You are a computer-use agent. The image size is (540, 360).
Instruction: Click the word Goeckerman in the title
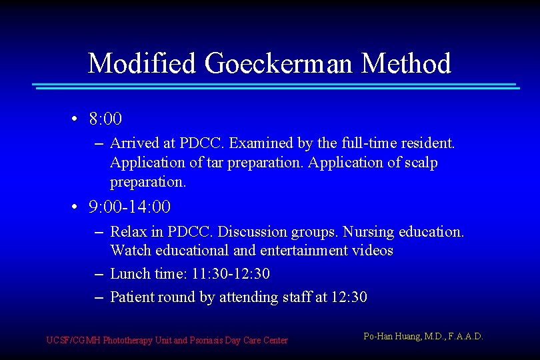coord(280,64)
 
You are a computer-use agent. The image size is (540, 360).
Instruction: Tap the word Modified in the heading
coord(143,64)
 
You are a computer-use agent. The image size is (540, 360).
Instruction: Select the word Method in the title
coord(406,64)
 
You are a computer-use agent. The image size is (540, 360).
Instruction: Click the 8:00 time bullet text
coord(105,119)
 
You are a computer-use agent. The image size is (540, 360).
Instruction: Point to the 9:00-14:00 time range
coord(130,207)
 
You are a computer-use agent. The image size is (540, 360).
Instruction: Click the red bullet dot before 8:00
coord(76,119)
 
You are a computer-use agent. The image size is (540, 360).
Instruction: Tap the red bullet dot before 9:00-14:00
coord(76,207)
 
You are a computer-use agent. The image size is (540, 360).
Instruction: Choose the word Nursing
coord(369,232)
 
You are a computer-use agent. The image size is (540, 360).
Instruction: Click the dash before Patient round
coord(98,297)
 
